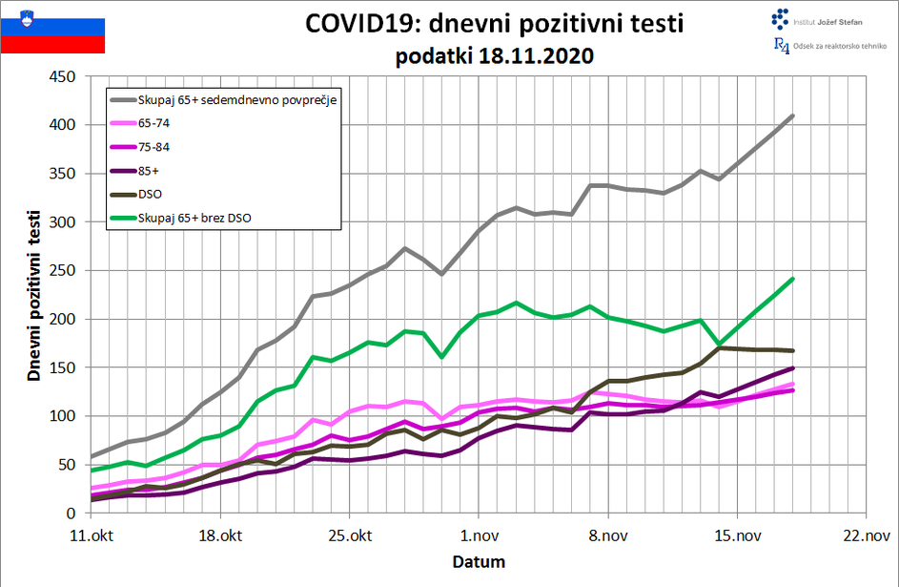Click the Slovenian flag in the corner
point(52,29)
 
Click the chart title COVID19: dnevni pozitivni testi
point(494,23)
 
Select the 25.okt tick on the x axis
point(349,535)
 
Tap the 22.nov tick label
point(865,535)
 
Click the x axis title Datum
point(479,561)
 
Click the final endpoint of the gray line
point(793,115)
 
